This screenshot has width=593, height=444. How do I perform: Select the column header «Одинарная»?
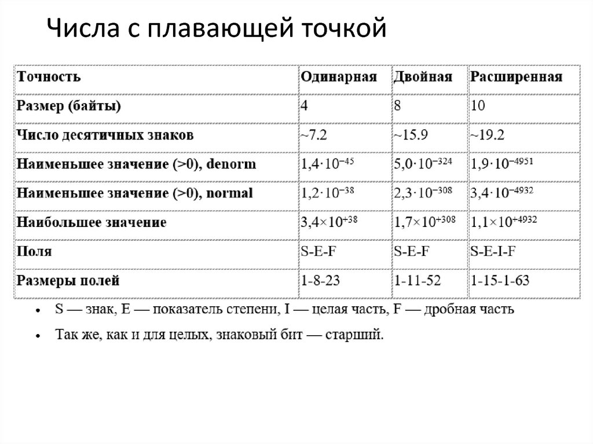(x=338, y=77)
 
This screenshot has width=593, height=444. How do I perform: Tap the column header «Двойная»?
(x=423, y=77)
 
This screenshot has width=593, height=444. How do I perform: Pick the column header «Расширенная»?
(x=516, y=77)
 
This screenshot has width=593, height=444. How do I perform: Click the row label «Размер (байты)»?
(x=69, y=107)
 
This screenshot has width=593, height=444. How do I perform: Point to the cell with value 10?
(x=478, y=107)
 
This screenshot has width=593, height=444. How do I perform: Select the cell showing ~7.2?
(x=314, y=135)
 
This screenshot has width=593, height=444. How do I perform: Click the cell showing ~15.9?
(x=411, y=135)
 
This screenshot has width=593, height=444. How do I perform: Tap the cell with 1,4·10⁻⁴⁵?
(x=327, y=164)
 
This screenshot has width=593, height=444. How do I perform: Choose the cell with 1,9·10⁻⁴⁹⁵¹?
(x=502, y=164)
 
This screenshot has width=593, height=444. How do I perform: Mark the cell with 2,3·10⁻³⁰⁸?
(x=423, y=193)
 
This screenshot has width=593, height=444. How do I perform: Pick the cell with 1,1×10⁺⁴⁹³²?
(x=504, y=222)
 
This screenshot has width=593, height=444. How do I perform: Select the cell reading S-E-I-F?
(x=493, y=252)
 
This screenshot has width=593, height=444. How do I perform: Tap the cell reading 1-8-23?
(x=320, y=281)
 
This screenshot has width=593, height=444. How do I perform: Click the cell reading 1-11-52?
(x=418, y=281)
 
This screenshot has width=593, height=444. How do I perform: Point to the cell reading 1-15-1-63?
(x=500, y=281)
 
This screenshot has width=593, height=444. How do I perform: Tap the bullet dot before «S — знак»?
(x=38, y=311)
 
